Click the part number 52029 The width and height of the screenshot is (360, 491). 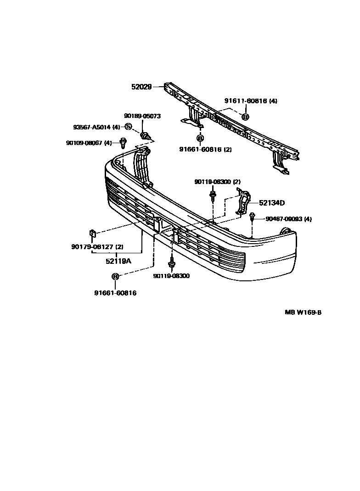[141, 86]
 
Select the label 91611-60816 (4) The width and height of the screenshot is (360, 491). [251, 101]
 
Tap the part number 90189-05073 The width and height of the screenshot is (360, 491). [142, 116]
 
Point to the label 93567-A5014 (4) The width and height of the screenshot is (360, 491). [96, 127]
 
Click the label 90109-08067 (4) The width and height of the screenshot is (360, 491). [89, 143]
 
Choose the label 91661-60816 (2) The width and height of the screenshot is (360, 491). [205, 149]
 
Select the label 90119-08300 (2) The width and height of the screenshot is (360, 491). [217, 182]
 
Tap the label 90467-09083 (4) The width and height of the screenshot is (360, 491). [288, 219]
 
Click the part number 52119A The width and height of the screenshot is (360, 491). [118, 261]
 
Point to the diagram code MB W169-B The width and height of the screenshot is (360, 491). [303, 312]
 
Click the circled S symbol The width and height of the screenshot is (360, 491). [129, 127]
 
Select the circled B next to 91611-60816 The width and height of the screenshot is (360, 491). [245, 117]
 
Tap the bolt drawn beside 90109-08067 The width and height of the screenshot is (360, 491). [123, 143]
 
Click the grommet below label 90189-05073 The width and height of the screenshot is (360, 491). [146, 135]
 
